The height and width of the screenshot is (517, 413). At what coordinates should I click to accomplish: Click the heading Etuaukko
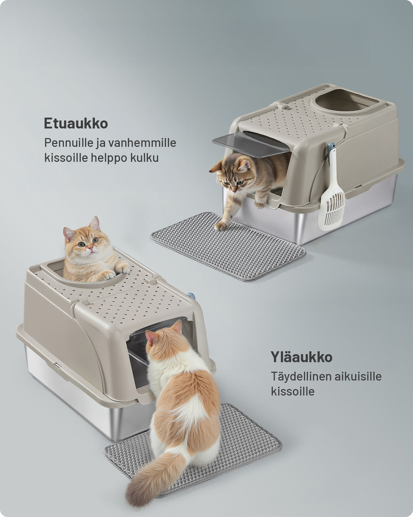pyautogui.click(x=76, y=124)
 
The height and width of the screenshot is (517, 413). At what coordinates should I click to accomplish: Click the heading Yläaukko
pyautogui.click(x=302, y=357)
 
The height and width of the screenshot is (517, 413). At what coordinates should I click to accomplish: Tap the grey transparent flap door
pyautogui.click(x=250, y=144)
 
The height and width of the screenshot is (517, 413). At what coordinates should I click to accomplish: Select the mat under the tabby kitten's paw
pyautogui.click(x=228, y=246)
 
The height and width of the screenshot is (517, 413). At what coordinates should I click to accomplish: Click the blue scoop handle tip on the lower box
pyautogui.click(x=191, y=296)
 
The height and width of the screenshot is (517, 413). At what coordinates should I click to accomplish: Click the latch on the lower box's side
pyautogui.click(x=58, y=366)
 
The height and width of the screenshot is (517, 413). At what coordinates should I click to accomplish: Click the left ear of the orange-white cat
pyautogui.click(x=151, y=338)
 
